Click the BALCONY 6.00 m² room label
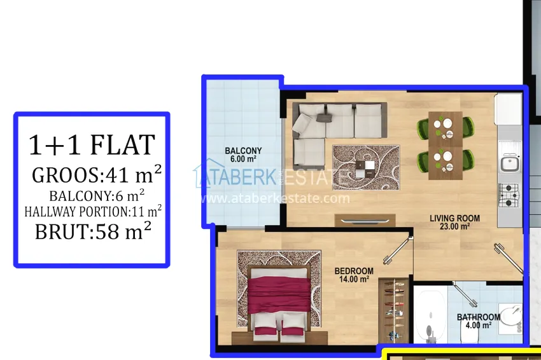point(243,155)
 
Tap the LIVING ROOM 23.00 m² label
point(454,223)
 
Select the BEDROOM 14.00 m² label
point(354,275)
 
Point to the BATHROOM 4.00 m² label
point(478,321)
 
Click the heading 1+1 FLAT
point(92,145)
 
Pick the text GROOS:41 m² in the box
point(97,174)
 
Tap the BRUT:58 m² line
point(93,231)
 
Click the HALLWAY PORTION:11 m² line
point(93,211)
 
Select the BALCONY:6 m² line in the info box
point(97,195)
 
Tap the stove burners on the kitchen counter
point(509,196)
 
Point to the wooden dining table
point(446,145)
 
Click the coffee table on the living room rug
point(366,168)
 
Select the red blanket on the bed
point(279,295)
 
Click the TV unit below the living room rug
point(365,220)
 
